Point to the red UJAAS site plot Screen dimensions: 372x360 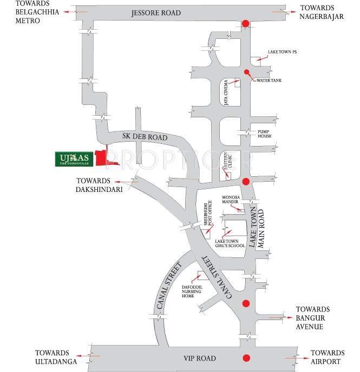pos(101,157)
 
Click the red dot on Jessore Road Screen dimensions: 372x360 pos(245,23)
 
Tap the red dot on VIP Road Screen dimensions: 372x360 pos(246,357)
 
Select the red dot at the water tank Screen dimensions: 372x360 pos(246,72)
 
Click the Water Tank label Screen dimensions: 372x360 pos(269,81)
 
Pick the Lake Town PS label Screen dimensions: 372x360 pos(282,52)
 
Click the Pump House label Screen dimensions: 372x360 pos(265,133)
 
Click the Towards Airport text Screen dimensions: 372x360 pos(328,357)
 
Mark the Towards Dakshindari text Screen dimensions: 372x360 pos(94,185)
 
